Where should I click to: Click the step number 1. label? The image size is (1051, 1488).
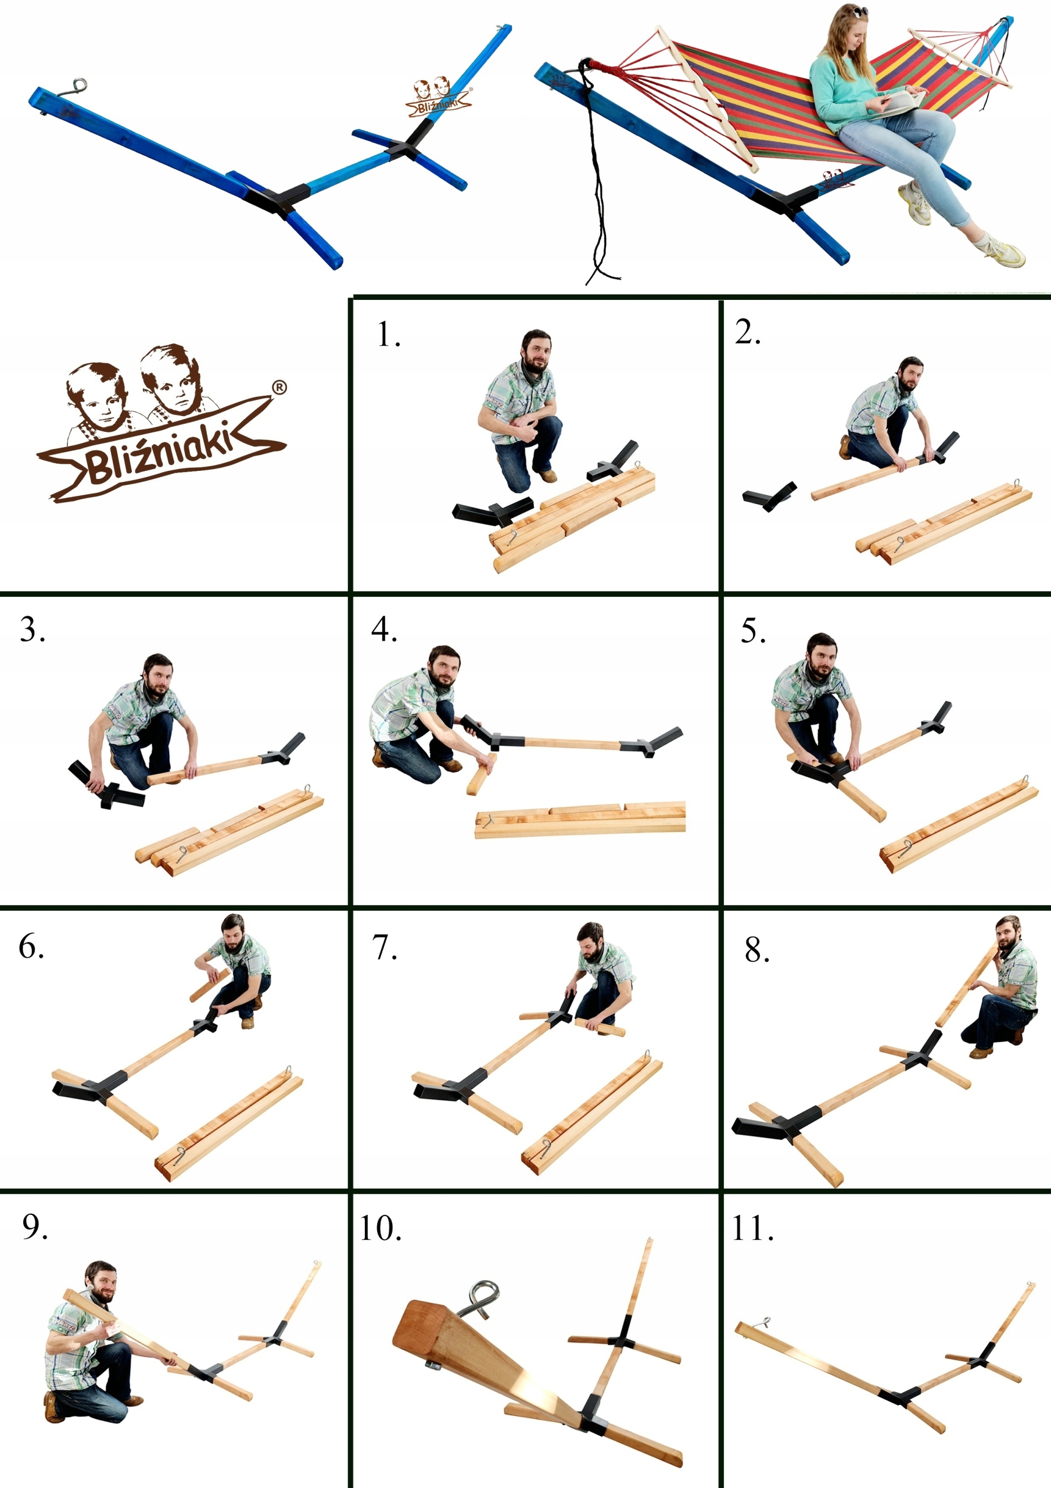tap(389, 335)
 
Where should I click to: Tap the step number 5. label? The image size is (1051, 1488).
tap(753, 631)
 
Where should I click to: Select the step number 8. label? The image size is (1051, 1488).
tap(757, 950)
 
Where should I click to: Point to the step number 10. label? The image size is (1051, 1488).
tap(381, 1228)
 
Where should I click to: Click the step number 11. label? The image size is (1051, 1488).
tap(752, 1228)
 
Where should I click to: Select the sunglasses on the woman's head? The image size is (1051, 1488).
tap(859, 12)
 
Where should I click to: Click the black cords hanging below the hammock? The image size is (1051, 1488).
tap(596, 175)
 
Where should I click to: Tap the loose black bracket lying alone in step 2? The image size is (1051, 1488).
tap(769, 496)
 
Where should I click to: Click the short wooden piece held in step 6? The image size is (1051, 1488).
tap(209, 986)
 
